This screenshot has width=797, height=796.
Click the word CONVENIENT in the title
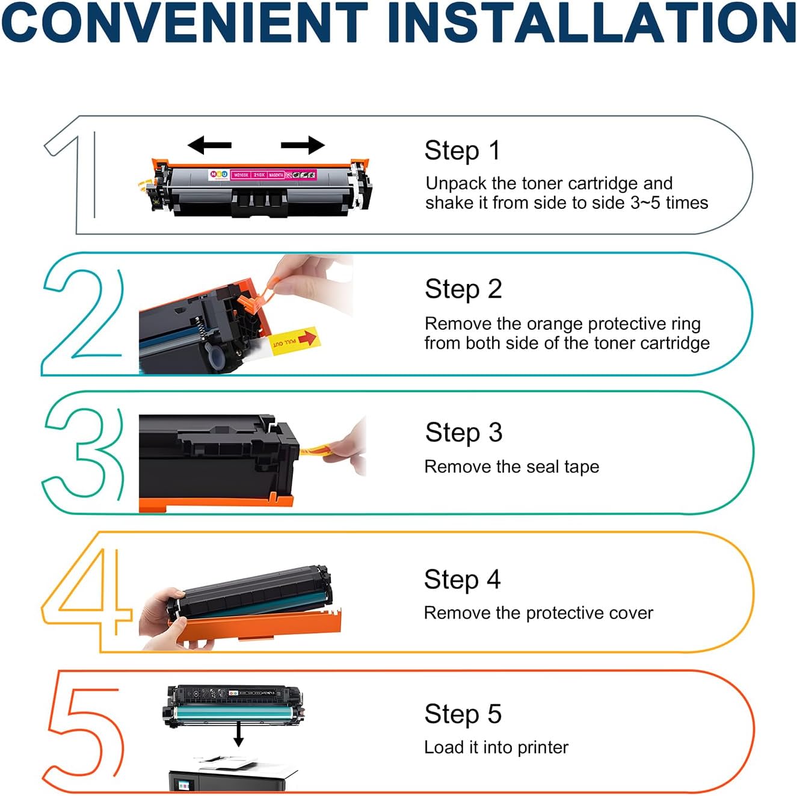tap(184, 23)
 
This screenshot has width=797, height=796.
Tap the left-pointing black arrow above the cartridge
tap(209, 145)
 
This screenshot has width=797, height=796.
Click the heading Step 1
tap(462, 150)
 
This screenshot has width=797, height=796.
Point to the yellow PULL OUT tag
tap(295, 341)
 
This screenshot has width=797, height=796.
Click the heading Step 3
tap(463, 433)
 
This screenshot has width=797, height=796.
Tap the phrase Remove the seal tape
tap(511, 467)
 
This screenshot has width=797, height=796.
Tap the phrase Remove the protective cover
tap(538, 613)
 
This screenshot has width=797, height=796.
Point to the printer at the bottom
tap(232, 774)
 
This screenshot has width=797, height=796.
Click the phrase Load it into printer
tap(496, 748)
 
